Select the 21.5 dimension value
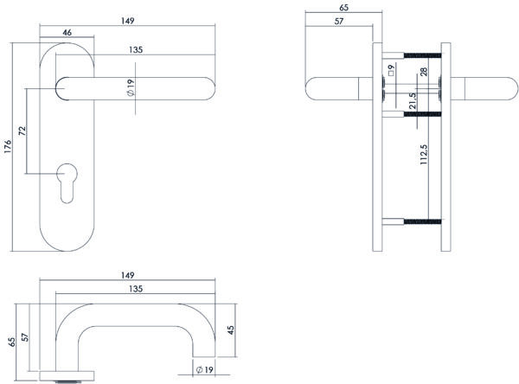click(413, 100)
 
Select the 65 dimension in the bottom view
click(11, 341)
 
